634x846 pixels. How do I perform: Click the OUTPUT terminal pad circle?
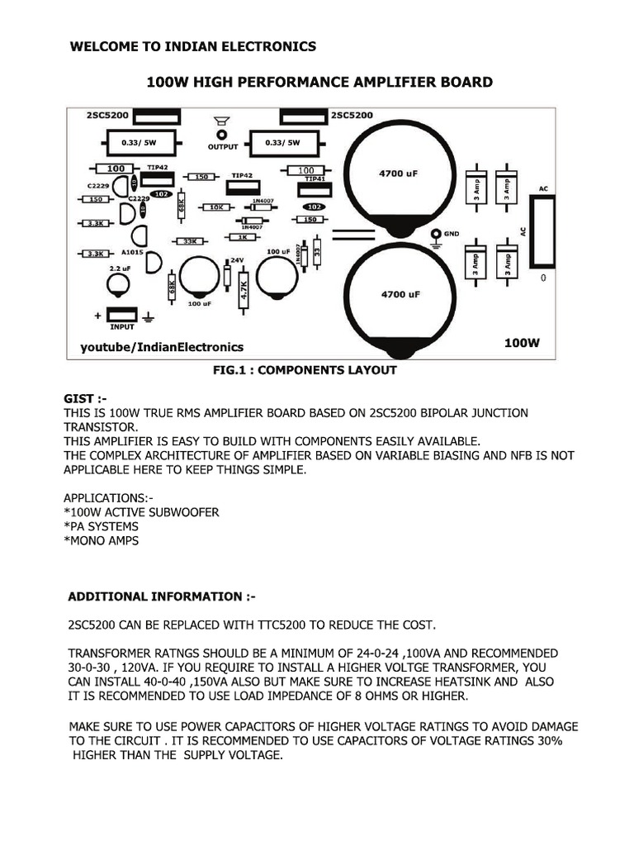(221, 135)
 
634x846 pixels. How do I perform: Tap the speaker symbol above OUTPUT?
(221, 120)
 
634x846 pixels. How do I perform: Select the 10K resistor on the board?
(216, 207)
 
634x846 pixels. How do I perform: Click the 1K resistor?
(242, 237)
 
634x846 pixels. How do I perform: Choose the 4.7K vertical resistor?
(243, 291)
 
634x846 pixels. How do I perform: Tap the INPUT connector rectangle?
(121, 315)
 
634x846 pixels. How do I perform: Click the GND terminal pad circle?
(436, 234)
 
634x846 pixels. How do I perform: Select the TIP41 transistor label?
(315, 179)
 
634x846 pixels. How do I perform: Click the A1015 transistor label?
(131, 254)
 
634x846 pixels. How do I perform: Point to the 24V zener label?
(239, 260)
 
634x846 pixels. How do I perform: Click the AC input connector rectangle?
(542, 233)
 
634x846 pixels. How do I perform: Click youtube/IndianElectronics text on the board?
(162, 348)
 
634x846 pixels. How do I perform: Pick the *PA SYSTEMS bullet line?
(102, 526)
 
